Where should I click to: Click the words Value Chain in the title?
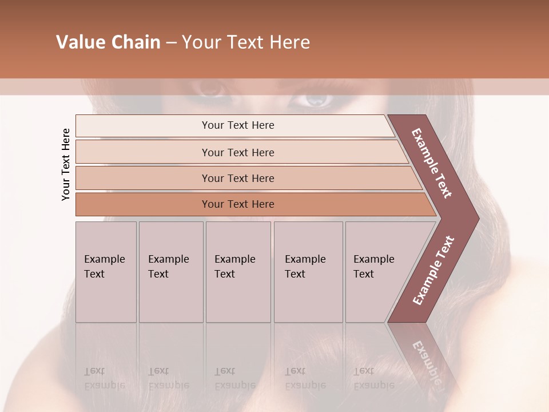click(108, 42)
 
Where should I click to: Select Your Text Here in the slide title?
click(246, 42)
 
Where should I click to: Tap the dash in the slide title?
click(171, 43)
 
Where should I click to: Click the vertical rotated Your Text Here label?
click(66, 165)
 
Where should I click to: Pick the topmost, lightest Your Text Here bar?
click(238, 126)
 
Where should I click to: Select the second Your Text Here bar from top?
click(238, 152)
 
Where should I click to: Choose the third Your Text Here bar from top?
click(238, 178)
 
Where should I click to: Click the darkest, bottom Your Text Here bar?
click(238, 204)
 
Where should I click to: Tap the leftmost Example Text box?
click(106, 272)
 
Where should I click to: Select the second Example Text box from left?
click(171, 272)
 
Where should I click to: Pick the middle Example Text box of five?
click(238, 272)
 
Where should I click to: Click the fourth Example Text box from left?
click(308, 272)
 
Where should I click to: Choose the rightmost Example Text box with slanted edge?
click(377, 272)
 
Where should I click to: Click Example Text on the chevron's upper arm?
click(432, 163)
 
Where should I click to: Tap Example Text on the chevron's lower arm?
click(433, 270)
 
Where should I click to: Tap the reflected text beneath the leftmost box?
click(104, 378)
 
